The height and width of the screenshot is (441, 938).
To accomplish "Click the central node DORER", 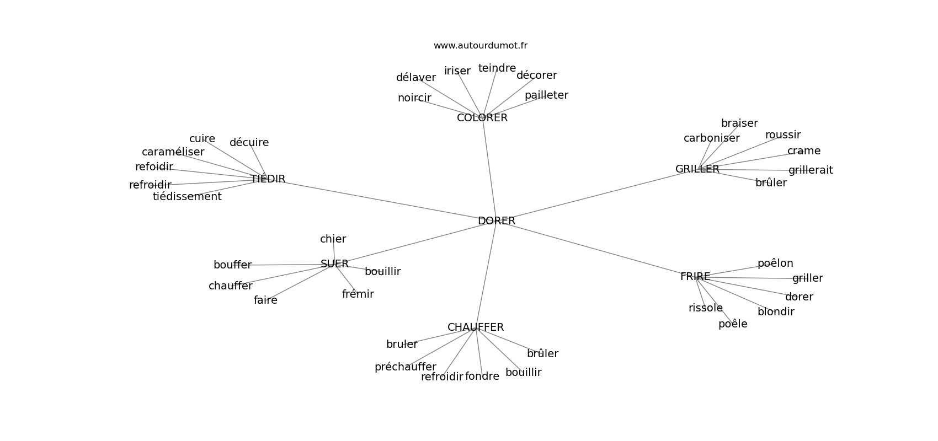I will (x=496, y=221).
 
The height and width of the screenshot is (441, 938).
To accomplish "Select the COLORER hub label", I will (x=482, y=118).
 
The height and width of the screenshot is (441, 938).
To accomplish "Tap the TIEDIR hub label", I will (x=268, y=179).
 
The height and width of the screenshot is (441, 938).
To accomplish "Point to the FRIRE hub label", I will (x=695, y=277).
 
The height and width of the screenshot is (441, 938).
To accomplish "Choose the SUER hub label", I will (x=334, y=264).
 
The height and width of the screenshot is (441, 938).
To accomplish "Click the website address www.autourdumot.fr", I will (x=480, y=46).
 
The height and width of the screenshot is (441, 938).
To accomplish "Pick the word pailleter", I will (x=546, y=95).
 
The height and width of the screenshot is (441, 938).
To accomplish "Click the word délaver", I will (x=415, y=78).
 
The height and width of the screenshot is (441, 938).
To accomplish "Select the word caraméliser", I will (x=173, y=152).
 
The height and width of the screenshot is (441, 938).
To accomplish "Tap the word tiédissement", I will (x=187, y=197).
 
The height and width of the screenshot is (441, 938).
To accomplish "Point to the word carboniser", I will (x=711, y=138).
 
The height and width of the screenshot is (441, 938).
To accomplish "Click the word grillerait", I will (x=811, y=170).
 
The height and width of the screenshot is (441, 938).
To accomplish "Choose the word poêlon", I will (x=775, y=263).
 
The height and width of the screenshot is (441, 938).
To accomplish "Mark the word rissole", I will (x=705, y=308).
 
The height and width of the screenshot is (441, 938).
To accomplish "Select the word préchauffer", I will (x=405, y=367).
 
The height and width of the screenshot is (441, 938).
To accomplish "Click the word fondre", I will (x=482, y=377).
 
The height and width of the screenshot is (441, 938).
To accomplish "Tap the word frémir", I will (x=358, y=294).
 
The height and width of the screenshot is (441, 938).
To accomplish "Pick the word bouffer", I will (x=232, y=265).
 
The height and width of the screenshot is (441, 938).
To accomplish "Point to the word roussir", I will (x=782, y=135).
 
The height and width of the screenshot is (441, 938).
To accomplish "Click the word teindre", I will (x=497, y=68).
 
